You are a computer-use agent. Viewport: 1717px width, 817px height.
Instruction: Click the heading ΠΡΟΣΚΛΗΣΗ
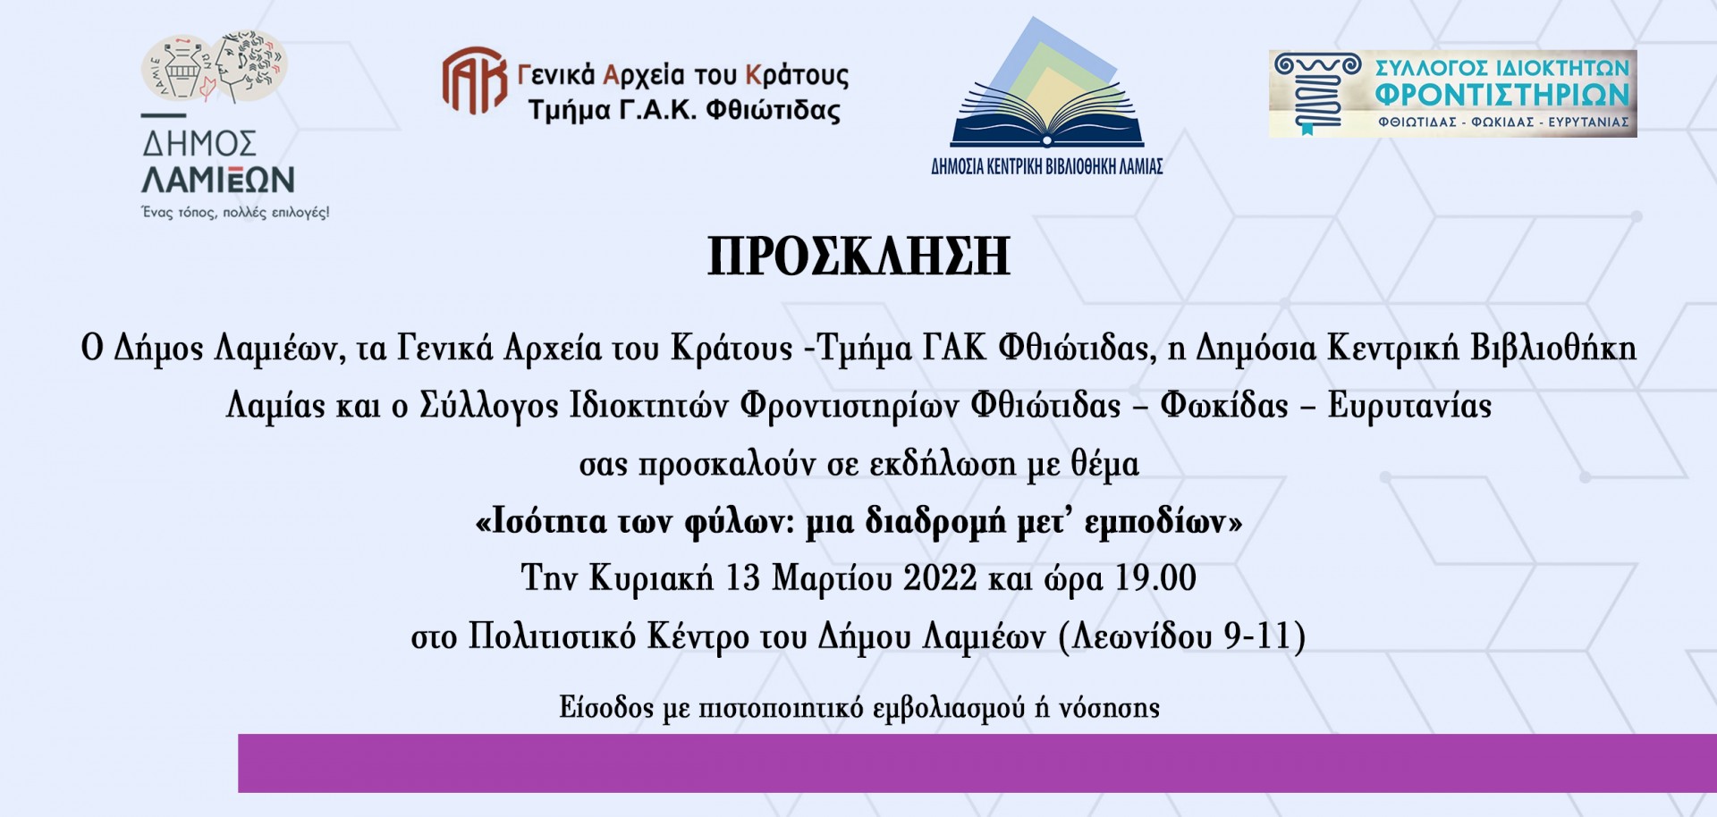coord(858,257)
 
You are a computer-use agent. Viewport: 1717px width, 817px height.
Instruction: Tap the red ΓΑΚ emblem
coord(475,81)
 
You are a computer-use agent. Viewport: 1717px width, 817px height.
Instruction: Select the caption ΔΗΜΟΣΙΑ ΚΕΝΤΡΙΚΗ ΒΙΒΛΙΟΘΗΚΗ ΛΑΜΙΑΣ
coord(1047,166)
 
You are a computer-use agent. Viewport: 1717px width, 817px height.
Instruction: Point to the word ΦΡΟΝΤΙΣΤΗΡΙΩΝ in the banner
coord(1502,95)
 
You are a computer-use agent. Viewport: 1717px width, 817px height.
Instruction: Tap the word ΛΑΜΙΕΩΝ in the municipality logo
coord(218,181)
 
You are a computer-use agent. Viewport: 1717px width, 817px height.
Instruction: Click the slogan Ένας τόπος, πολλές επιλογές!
coord(236,213)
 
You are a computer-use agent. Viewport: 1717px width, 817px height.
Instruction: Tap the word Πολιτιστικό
coord(553,636)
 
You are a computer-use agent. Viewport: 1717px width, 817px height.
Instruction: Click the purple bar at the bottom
coord(977,763)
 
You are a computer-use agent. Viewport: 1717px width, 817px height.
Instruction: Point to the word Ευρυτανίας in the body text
coord(1409,407)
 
